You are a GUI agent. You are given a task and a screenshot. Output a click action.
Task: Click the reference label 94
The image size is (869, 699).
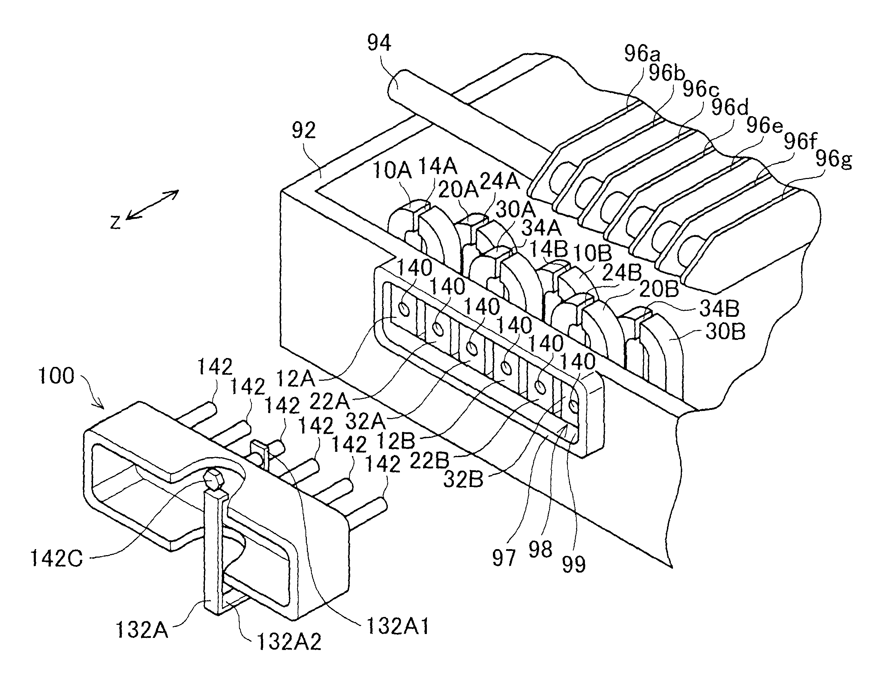pos(379,43)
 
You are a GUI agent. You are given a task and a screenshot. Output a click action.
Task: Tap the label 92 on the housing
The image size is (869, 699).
pos(304,131)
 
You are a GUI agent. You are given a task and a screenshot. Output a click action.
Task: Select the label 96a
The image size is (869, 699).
pos(642,53)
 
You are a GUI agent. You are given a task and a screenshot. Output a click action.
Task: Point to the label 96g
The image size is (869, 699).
pos(833,159)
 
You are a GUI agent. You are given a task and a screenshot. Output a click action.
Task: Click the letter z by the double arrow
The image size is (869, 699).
pos(116,222)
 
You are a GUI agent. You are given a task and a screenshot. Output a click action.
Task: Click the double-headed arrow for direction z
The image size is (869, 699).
pos(152,205)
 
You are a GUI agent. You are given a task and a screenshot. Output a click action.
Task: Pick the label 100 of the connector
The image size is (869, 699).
pos(56,376)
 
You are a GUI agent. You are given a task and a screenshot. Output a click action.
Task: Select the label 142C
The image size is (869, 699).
pos(57,559)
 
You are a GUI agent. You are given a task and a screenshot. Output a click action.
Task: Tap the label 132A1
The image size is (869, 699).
pos(398,627)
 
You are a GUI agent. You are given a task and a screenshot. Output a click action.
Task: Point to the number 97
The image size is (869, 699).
pos(504,558)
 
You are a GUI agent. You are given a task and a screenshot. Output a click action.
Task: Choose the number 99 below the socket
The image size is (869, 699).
pos(574,564)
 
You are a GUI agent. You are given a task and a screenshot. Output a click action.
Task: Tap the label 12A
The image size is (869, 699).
pos(295,379)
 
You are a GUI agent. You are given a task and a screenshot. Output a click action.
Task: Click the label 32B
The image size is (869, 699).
pos(463,480)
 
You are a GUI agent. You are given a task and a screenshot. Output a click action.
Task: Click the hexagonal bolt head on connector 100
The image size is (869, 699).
pos(212,481)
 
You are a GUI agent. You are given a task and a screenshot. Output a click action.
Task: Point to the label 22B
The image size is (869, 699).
pos(429,461)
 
